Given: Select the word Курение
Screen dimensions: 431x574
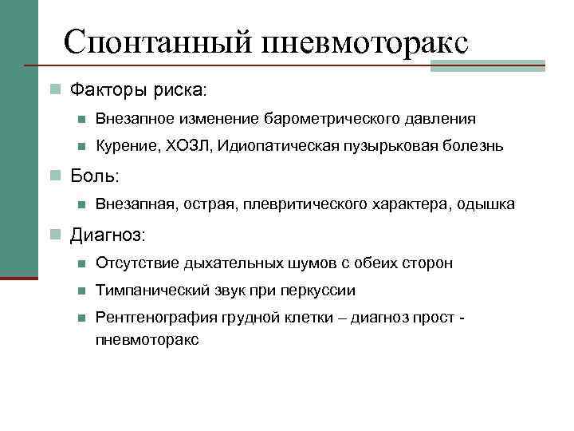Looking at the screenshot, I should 128,146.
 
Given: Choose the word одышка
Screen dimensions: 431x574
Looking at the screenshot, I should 486,205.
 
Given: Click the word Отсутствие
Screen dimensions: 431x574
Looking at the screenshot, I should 133,263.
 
